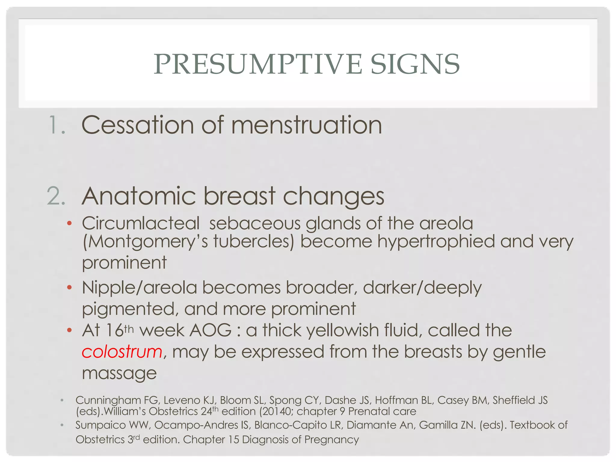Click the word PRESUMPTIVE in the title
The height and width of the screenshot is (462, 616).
tap(258, 64)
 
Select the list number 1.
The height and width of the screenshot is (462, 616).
tap(57, 125)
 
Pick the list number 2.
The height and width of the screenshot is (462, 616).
tap(57, 196)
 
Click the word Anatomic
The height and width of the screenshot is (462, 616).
tap(139, 196)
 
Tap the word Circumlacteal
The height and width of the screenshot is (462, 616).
tap(141, 223)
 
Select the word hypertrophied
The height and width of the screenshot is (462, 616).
tap(436, 242)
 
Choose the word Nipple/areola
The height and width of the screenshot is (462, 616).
tap(139, 288)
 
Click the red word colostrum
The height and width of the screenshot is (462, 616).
tap(122, 352)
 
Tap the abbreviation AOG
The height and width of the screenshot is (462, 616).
tap(211, 331)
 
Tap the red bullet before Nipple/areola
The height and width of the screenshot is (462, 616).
tap(69, 288)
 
